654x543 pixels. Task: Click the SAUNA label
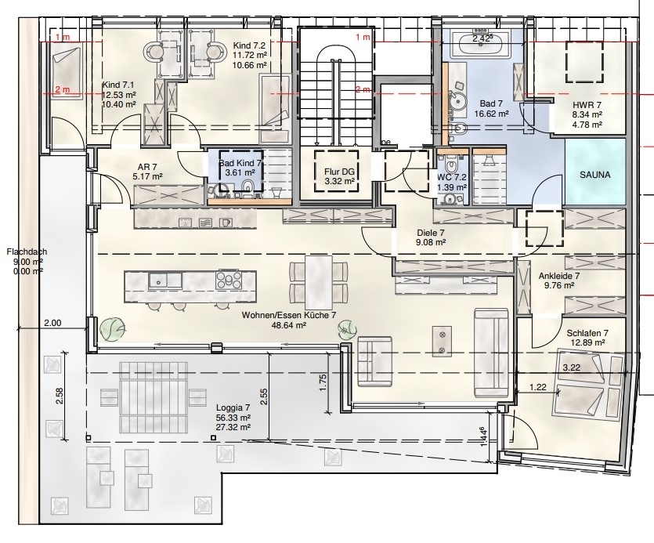pos(594,175)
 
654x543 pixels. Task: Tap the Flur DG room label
pos(336,172)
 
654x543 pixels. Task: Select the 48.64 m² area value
pos(289,325)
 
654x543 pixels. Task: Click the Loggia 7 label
pos(233,407)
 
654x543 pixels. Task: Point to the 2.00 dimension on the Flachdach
pos(53,323)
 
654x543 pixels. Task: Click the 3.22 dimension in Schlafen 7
pos(572,367)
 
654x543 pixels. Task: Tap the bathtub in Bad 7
pos(481,43)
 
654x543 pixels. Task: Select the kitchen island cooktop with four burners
pos(228,280)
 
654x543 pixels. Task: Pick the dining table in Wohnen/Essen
pos(319,282)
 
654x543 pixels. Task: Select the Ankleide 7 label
pos(559,276)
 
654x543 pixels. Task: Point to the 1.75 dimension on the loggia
pos(323,382)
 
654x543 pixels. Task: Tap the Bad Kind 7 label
pos(240,163)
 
